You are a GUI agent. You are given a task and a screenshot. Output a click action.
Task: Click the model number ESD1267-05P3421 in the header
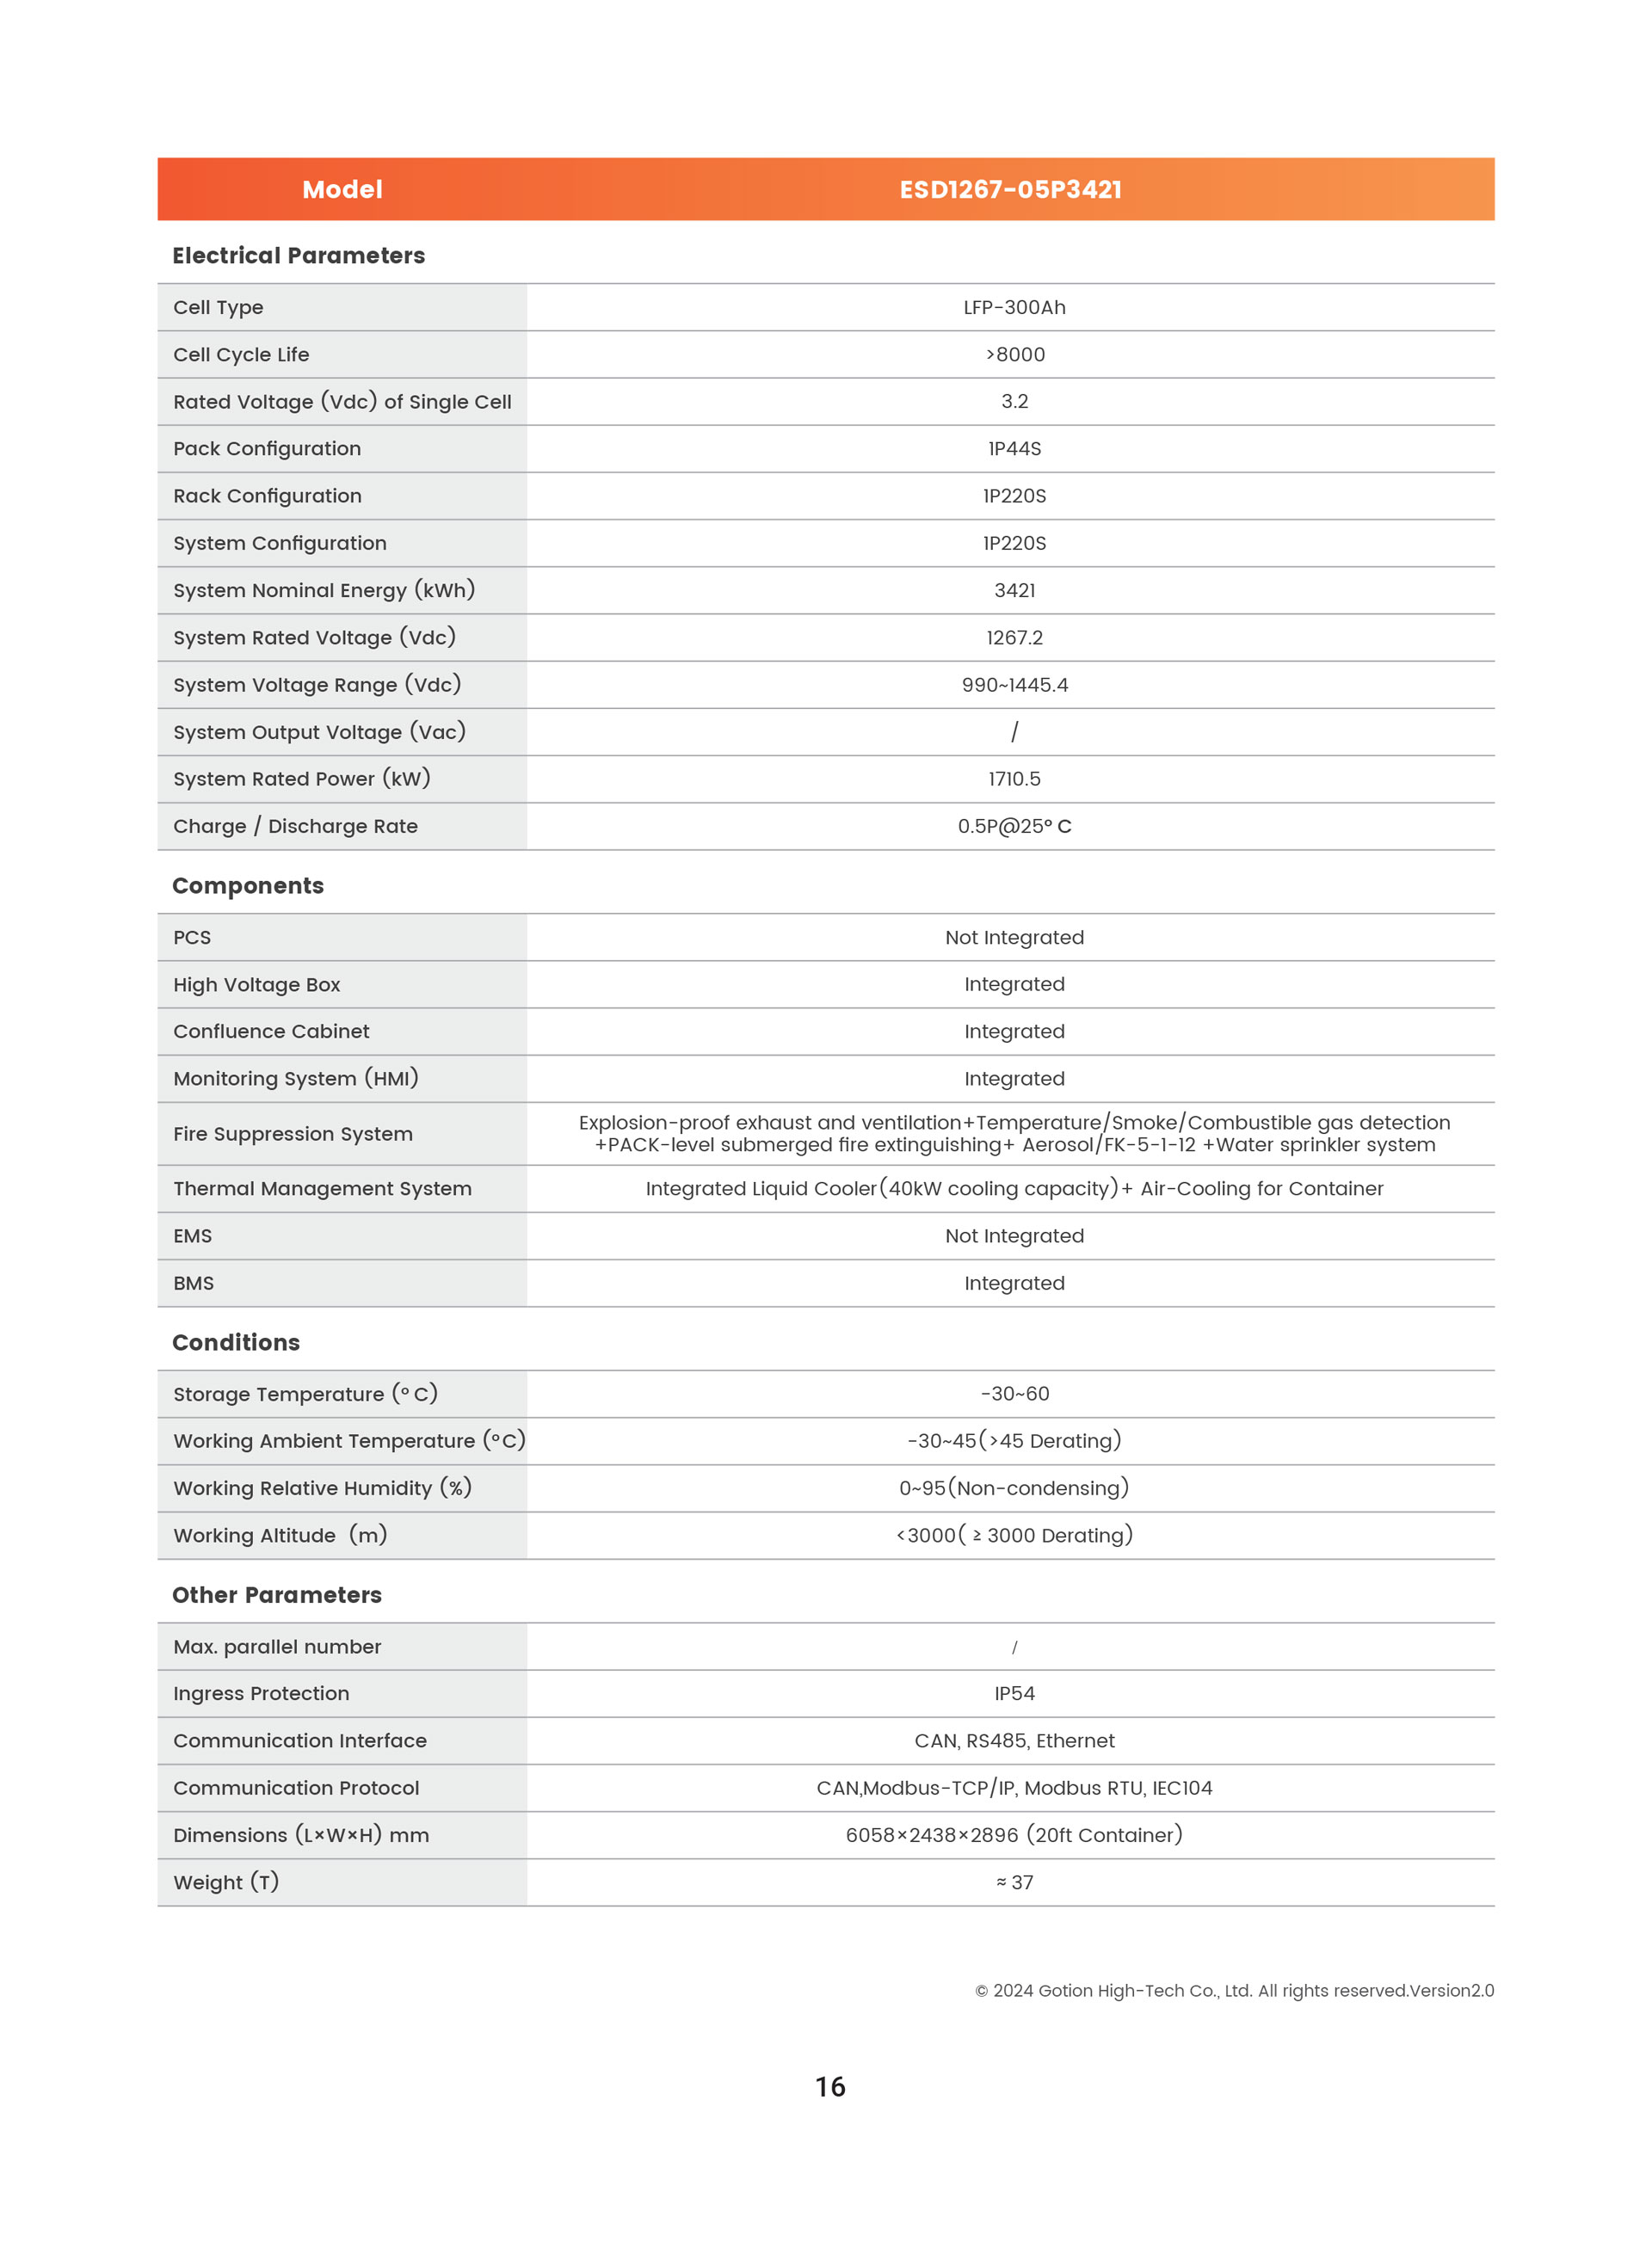1010,190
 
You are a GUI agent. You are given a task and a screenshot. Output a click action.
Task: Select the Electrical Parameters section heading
298,256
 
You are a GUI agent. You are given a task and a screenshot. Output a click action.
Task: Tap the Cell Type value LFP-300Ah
1014,308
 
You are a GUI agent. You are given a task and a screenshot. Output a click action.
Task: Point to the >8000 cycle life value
1014,355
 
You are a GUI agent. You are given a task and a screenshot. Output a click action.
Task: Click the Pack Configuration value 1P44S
1014,449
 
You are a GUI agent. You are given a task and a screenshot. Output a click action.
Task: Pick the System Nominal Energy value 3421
1014,591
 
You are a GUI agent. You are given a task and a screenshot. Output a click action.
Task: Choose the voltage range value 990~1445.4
1014,685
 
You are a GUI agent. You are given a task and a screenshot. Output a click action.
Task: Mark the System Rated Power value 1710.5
1014,779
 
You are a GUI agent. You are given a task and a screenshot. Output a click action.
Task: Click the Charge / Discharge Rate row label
295,827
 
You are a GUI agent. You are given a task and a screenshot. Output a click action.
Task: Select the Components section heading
248,886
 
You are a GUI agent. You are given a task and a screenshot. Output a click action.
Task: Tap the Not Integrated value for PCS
1014,938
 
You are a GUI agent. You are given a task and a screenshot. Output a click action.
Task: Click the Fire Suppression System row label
292,1134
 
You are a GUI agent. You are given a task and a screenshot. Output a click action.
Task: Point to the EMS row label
192,1236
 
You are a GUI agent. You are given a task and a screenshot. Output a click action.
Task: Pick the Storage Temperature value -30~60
1014,1394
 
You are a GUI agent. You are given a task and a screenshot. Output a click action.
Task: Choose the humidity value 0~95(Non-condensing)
1014,1488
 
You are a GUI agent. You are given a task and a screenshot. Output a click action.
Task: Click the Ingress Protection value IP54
1014,1694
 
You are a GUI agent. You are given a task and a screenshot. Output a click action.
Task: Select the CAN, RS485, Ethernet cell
1014,1741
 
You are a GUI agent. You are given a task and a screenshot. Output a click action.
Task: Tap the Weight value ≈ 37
1014,1883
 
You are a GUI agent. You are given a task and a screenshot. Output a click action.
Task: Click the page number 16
830,2087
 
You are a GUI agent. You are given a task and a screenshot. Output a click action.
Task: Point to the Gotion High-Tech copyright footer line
1234,1991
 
